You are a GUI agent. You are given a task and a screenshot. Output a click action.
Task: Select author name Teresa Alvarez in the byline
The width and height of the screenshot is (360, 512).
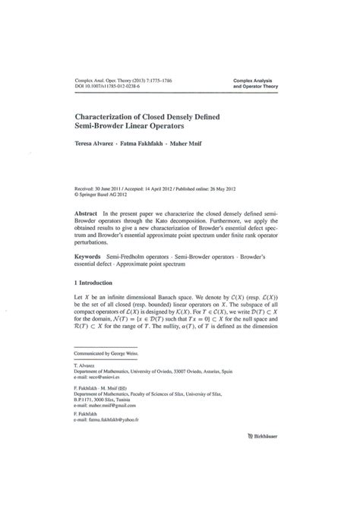coord(94,144)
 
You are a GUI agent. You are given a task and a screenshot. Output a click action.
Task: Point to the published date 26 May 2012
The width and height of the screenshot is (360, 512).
coord(250,185)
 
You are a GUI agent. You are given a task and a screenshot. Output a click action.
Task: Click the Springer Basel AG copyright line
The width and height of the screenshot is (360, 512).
coord(106,191)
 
